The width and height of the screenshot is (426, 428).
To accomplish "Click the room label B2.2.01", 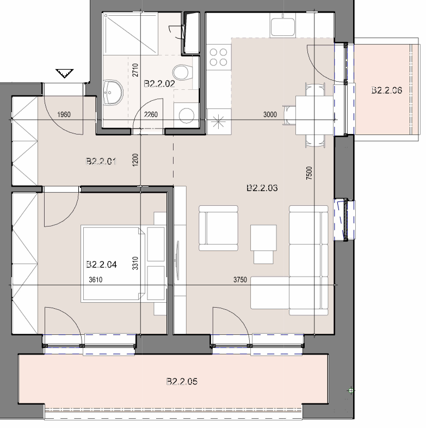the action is [101, 161].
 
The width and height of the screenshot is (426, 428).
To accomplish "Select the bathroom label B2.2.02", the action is [159, 83].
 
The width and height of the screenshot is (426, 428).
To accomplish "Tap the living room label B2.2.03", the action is [262, 188].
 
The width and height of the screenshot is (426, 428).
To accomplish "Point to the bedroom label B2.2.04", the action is [101, 264].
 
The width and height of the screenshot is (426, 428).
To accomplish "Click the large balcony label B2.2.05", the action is [182, 381].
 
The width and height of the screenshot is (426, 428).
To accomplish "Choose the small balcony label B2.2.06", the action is [386, 90].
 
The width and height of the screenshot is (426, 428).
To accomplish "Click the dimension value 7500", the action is [308, 173].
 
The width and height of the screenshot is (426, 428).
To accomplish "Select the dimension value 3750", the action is [240, 279].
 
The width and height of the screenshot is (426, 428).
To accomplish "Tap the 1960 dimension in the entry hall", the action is [64, 114].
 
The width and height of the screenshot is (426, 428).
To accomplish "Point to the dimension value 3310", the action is [135, 263].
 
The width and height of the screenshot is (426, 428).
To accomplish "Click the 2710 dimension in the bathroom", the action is [135, 70].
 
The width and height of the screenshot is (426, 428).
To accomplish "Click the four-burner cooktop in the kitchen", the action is [219, 57].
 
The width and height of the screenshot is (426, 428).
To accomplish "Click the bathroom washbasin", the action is [113, 93].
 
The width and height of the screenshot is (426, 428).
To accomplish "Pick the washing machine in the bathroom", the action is [186, 115].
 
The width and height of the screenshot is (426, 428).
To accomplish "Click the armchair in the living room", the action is [218, 228].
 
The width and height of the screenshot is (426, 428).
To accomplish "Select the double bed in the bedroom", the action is [113, 264].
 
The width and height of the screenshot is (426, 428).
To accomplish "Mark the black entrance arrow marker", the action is [65, 74].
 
